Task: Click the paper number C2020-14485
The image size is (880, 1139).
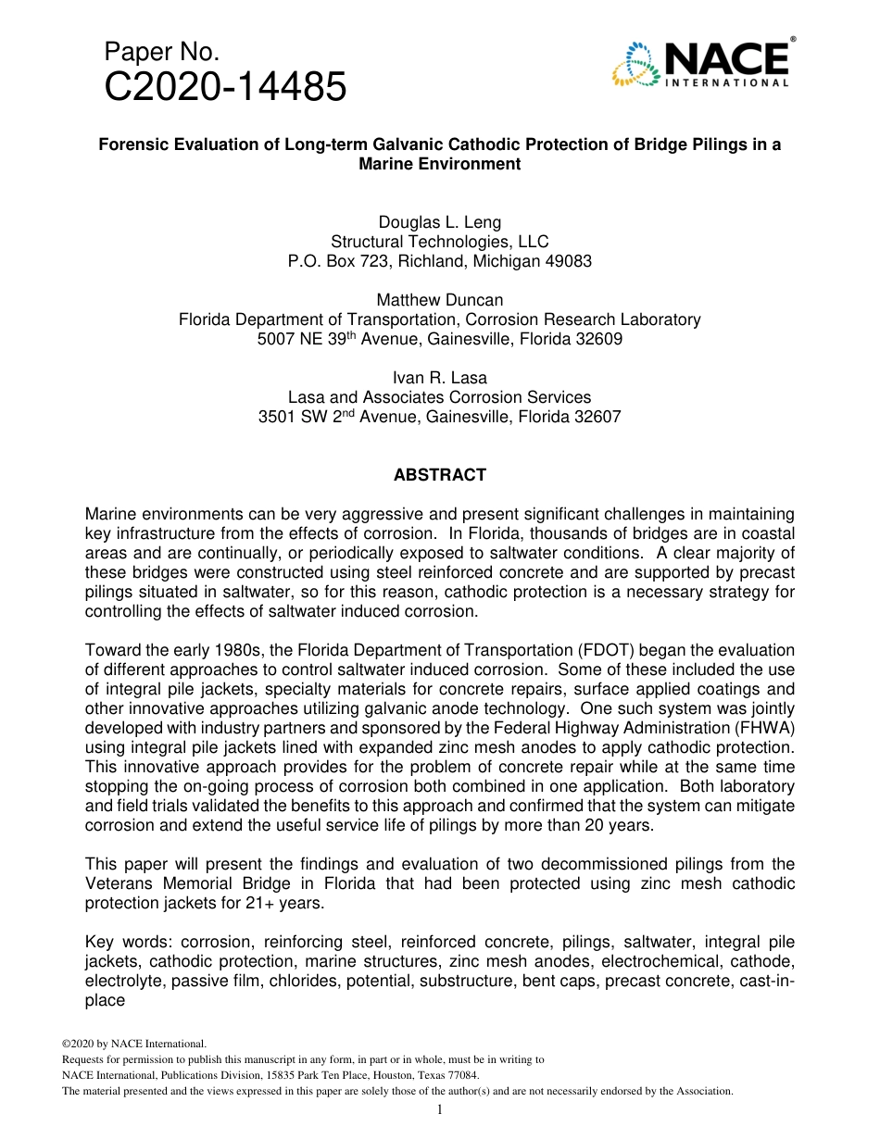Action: (x=225, y=88)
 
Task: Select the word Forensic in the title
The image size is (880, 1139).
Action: (x=132, y=144)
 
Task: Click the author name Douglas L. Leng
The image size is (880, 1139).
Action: (x=439, y=222)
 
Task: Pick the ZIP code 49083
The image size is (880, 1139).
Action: (x=567, y=261)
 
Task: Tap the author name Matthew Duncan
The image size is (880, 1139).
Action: (x=439, y=300)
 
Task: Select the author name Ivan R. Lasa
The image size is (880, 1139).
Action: (x=439, y=378)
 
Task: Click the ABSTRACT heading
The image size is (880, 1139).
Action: (x=439, y=475)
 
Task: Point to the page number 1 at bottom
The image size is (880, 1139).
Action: (x=439, y=1110)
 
